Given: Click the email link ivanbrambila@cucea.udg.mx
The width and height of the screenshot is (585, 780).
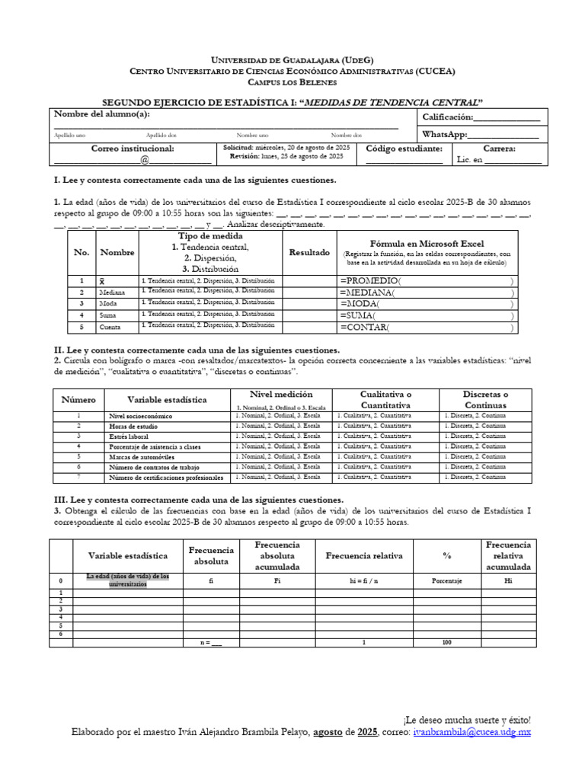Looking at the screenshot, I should pyautogui.click(x=472, y=732).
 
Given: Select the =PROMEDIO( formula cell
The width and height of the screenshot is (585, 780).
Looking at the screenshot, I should pyautogui.click(x=427, y=281).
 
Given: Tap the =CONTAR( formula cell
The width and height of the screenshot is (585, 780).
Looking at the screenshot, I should pyautogui.click(x=427, y=328).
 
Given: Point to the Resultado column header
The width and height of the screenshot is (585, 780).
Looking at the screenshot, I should pyautogui.click(x=309, y=252).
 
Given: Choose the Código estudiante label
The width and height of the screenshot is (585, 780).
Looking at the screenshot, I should pyautogui.click(x=404, y=149).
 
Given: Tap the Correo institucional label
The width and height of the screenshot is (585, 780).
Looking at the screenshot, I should pyautogui.click(x=133, y=149).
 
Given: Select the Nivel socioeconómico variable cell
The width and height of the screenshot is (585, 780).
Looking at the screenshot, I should pyautogui.click(x=141, y=417).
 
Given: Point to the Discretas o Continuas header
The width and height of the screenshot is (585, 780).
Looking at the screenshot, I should pyautogui.click(x=485, y=399).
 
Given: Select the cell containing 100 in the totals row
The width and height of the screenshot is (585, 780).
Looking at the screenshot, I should pyautogui.click(x=446, y=643).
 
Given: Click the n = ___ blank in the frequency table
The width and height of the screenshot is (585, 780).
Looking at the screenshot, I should pyautogui.click(x=210, y=643).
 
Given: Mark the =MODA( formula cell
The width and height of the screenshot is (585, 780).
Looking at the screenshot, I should pyautogui.click(x=427, y=304).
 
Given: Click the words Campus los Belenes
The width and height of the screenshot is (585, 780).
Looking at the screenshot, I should pyautogui.click(x=292, y=82).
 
